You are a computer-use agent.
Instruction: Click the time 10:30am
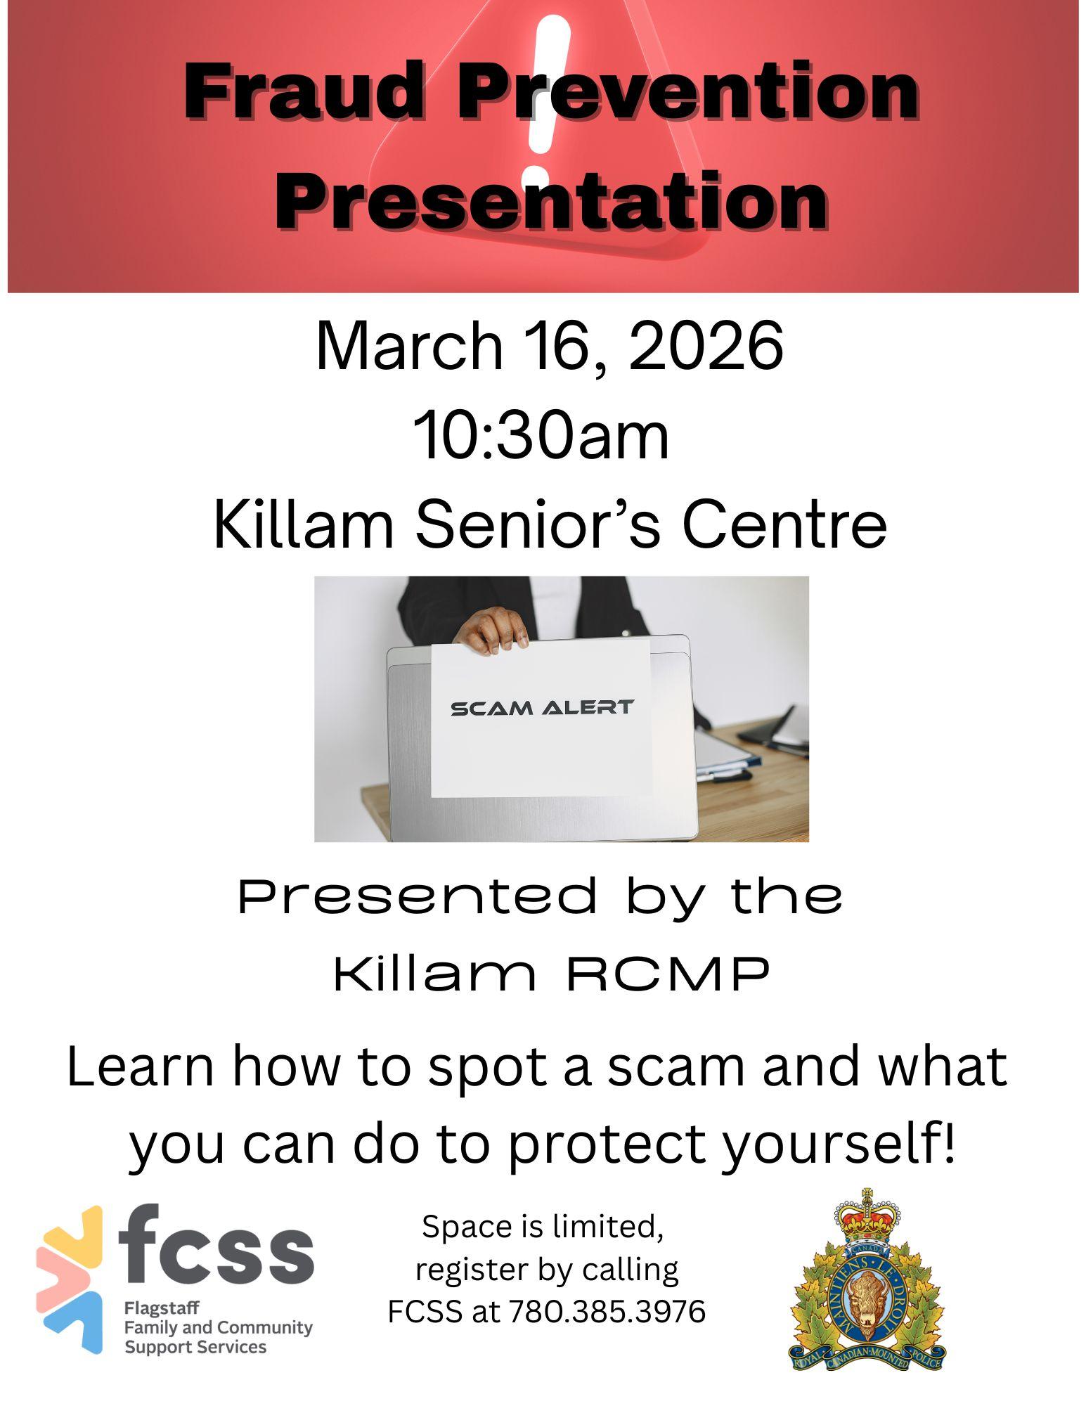click(541, 436)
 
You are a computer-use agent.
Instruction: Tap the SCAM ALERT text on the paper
click(542, 707)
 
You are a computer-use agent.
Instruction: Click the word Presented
click(418, 896)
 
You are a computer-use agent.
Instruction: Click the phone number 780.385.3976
click(607, 1311)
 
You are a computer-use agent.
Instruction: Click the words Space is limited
click(542, 1227)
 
